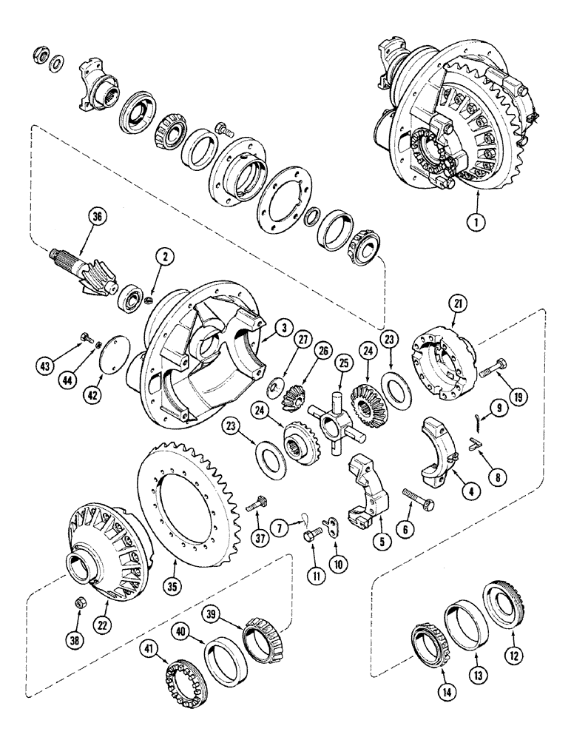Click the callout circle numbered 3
[264, 328]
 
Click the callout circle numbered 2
[167, 258]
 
